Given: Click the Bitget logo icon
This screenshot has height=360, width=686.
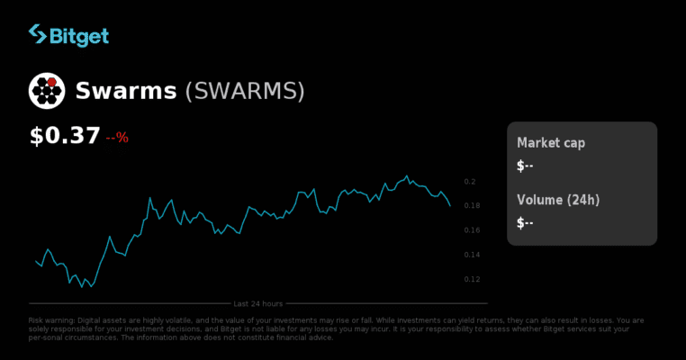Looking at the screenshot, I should pyautogui.click(x=38, y=35).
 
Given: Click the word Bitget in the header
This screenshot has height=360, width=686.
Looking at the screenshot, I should pyautogui.click(x=80, y=36).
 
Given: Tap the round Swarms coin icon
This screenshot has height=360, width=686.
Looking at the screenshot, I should pyautogui.click(x=47, y=90).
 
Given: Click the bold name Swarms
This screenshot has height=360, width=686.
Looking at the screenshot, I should pyautogui.click(x=125, y=91).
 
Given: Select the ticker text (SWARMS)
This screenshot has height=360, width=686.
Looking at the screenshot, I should pyautogui.click(x=245, y=91).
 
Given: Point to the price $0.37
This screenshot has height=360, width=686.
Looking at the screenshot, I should pyautogui.click(x=65, y=137).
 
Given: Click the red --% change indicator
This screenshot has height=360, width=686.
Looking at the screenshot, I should pyautogui.click(x=117, y=139).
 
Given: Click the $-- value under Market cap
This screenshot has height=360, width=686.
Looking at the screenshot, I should pyautogui.click(x=526, y=166).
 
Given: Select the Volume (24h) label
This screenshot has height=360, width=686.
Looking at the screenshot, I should pyautogui.click(x=558, y=200).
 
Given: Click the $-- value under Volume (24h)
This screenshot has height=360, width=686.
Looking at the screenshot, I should pyautogui.click(x=526, y=222).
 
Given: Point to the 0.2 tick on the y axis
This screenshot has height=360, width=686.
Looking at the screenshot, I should pyautogui.click(x=469, y=182).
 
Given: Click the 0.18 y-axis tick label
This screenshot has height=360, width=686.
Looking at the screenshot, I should pyautogui.click(x=472, y=206).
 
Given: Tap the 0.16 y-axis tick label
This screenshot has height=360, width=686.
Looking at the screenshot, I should pyautogui.click(x=472, y=230).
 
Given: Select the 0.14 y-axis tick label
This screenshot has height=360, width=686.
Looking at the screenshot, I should pyautogui.click(x=472, y=255).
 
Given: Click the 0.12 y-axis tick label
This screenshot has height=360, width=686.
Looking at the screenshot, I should pyautogui.click(x=472, y=279).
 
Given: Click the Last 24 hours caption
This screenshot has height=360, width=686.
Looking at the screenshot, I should pyautogui.click(x=258, y=303).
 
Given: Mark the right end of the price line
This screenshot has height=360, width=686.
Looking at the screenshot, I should pyautogui.click(x=450, y=205).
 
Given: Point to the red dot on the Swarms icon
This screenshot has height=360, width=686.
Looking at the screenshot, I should pyautogui.click(x=52, y=83).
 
